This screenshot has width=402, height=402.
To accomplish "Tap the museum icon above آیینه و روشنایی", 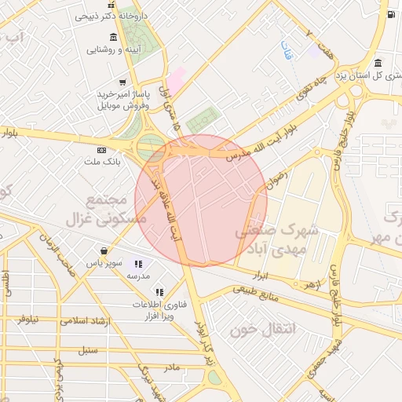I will (x=115, y=38).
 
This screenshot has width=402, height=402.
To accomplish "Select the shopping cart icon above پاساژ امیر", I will (x=122, y=82).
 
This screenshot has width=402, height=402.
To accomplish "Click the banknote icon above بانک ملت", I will (x=100, y=150).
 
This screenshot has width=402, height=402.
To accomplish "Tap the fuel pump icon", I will (x=390, y=13).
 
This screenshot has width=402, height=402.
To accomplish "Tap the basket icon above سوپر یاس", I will (x=104, y=251).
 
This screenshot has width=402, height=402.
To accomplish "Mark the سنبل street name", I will (x=89, y=349).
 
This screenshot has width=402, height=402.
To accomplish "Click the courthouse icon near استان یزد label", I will (x=378, y=64).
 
